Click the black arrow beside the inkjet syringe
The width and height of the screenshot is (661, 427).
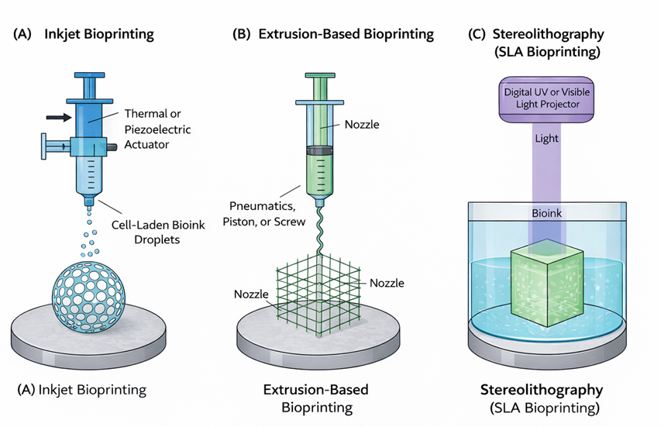pos(57,117)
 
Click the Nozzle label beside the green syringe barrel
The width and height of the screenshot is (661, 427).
pos(360,123)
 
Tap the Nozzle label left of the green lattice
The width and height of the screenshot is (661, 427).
pos(252,294)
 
